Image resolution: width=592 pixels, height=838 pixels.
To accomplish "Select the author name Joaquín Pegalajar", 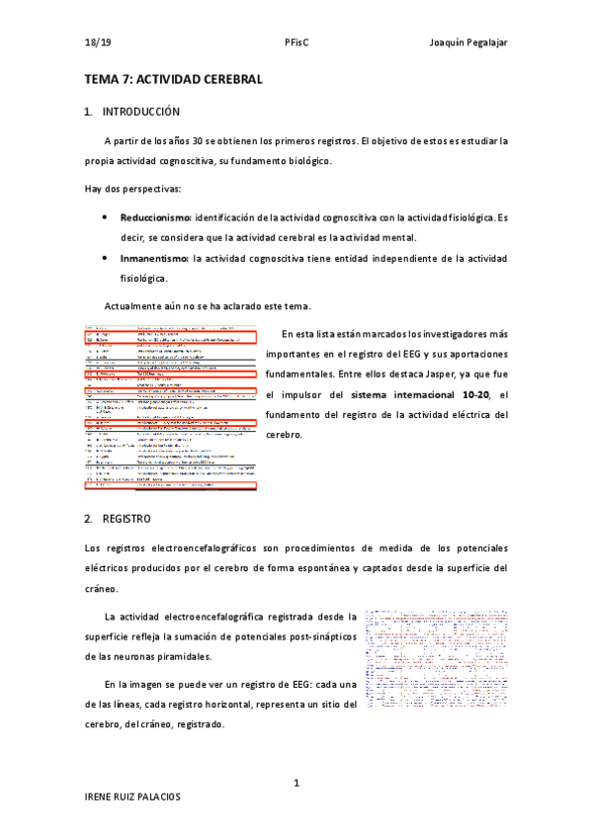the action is [468, 42].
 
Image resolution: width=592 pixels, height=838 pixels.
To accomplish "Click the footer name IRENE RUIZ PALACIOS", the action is [132, 823].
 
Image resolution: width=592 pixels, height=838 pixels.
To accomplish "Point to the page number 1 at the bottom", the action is [296, 784].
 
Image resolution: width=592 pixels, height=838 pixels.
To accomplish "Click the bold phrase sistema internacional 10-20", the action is [434, 394].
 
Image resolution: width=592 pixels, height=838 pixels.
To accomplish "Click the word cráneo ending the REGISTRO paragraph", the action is [103, 587].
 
